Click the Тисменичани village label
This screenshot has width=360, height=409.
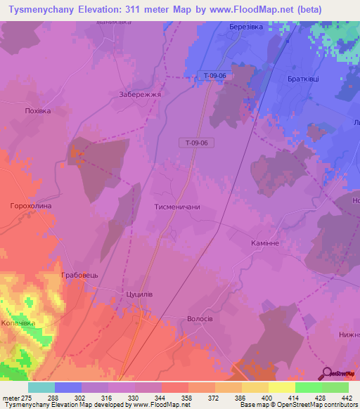coord(177,207)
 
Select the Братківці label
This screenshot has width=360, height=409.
coord(303,79)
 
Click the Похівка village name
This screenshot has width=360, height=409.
coord(38,111)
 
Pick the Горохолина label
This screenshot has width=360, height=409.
coord(31,206)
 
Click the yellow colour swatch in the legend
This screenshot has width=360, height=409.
coord(281,387)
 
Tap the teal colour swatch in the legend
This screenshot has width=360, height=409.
coord(41,387)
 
